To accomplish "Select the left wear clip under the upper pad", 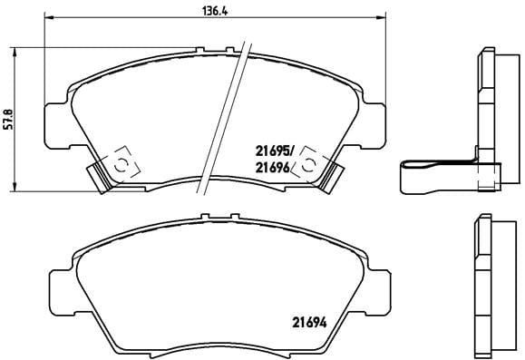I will click(97, 174).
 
